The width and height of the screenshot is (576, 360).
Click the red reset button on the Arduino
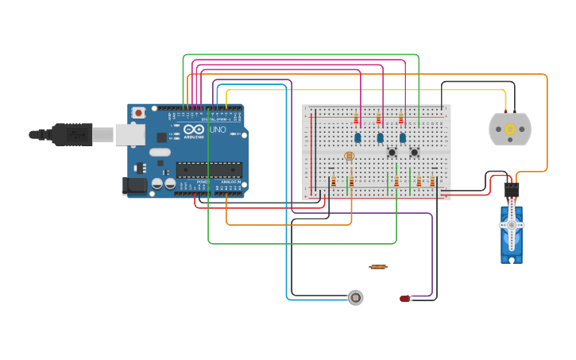click(x=139, y=113)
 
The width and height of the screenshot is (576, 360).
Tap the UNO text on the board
click(x=217, y=130)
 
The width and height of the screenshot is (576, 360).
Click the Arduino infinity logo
click(x=194, y=130)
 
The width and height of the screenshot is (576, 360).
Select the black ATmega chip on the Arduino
click(x=209, y=169)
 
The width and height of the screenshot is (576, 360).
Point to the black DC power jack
click(x=135, y=186)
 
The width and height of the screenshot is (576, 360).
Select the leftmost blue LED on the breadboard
click(x=358, y=137)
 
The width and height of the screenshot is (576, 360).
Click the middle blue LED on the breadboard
click(x=380, y=137)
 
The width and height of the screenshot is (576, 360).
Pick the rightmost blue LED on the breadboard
click(x=402, y=137)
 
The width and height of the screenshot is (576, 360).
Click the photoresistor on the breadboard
click(x=349, y=157)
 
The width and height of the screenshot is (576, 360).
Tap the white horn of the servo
click(x=512, y=226)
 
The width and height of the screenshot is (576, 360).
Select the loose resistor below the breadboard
click(x=378, y=267)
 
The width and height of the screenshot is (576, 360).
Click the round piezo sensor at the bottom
click(x=356, y=297)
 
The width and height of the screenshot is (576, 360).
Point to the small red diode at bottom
click(x=405, y=299)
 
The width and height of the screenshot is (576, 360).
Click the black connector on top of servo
click(x=512, y=190)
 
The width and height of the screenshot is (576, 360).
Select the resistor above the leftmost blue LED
click(x=356, y=119)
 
